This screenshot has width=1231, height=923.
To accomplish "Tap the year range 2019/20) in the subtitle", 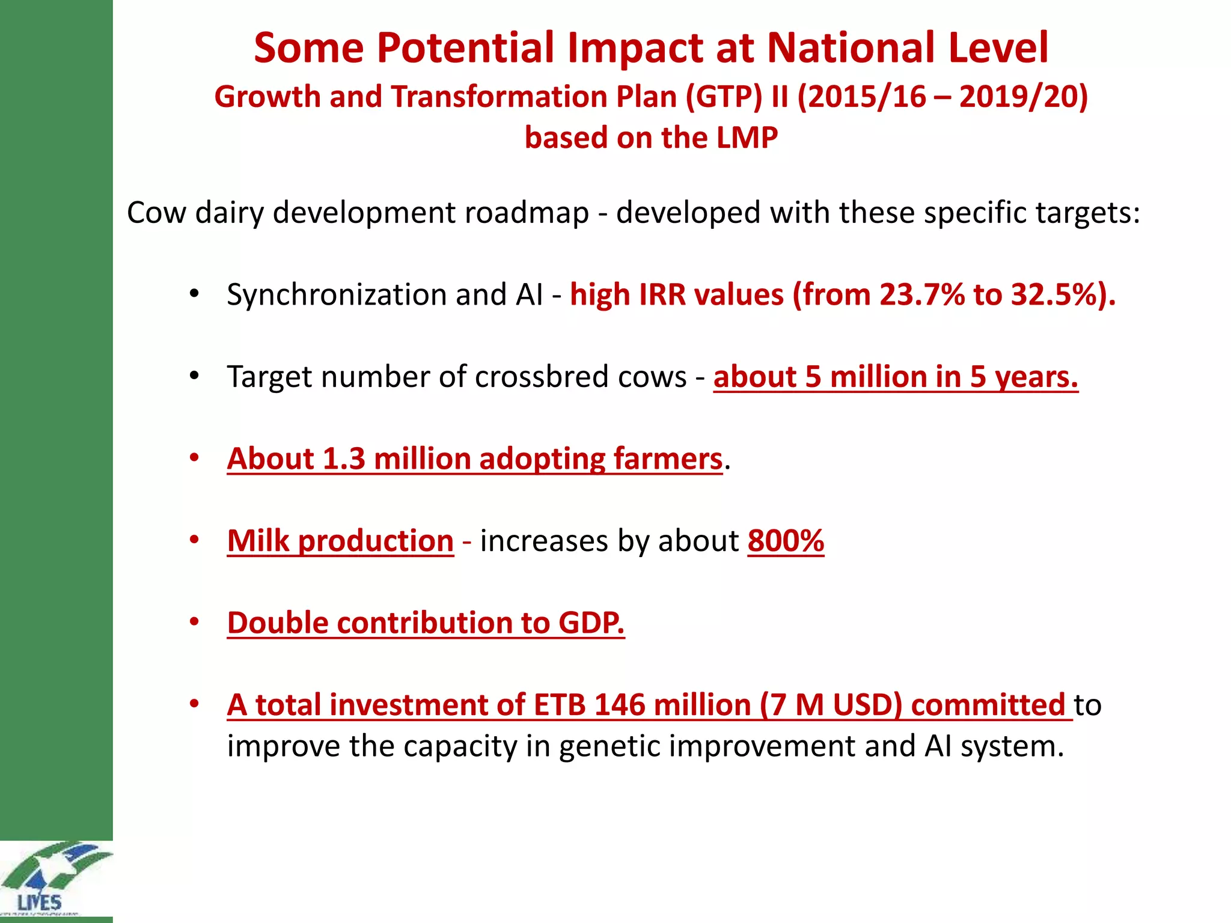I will tap(1024, 97).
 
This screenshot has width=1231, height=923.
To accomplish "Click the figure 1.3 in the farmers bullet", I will tap(344, 459).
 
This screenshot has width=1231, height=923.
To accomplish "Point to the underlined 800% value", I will tap(786, 541).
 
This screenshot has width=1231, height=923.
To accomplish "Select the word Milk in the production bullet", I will tap(258, 541).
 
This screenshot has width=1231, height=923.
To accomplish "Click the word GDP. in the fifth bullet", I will tap(591, 623).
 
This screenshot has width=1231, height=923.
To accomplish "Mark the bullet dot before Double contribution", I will tap(194, 621).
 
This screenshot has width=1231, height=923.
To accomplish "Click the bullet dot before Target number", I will tap(194, 376).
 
